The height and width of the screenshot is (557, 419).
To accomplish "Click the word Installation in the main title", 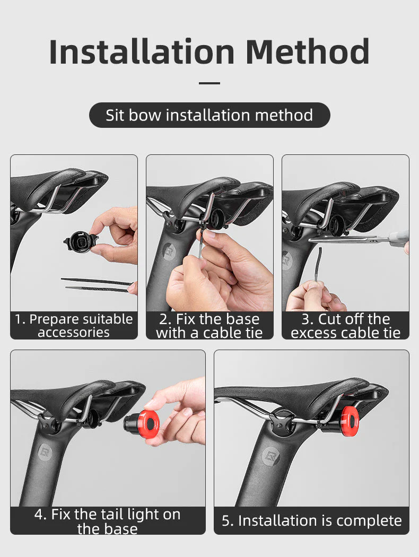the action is pos(142,52).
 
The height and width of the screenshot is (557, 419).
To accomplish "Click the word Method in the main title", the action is pos(308,52).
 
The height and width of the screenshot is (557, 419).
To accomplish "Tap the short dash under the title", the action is pos(210,83).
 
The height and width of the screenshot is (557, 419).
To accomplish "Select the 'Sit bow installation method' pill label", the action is pos(210,115).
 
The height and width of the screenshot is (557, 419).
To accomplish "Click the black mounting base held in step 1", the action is pos(81,241).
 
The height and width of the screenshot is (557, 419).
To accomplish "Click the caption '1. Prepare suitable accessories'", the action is pos(74,325).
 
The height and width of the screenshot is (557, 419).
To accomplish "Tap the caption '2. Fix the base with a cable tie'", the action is pos(210,326).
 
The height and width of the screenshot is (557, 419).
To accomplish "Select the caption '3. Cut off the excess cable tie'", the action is pos(345,326).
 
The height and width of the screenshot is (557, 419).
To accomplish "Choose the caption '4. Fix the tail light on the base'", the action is pos(108,521).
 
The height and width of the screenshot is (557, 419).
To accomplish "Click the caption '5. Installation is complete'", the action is pos(312,521).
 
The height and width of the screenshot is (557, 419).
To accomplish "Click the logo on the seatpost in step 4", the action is pos(45,452).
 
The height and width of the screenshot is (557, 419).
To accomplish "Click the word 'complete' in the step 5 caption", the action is pos(369,521).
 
